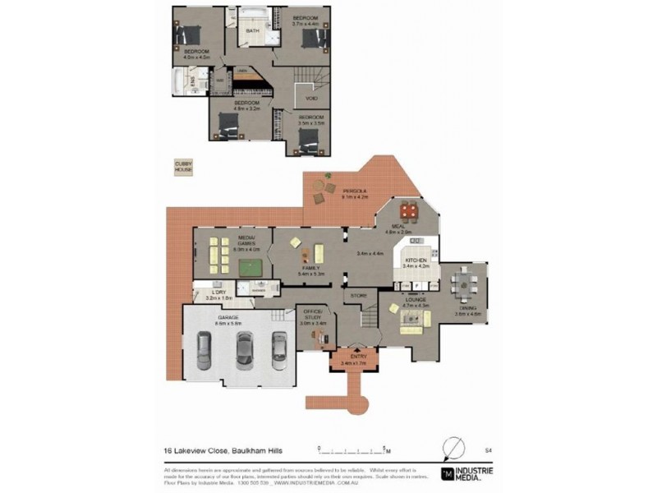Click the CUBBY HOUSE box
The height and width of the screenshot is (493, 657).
[182, 168]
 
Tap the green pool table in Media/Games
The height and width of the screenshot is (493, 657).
[247, 265]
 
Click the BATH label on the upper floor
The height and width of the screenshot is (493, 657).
[252, 31]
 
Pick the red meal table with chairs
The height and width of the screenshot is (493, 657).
[410, 212]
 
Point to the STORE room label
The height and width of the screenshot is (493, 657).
[358, 294]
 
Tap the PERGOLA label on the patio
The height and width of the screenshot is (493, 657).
[355, 191]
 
